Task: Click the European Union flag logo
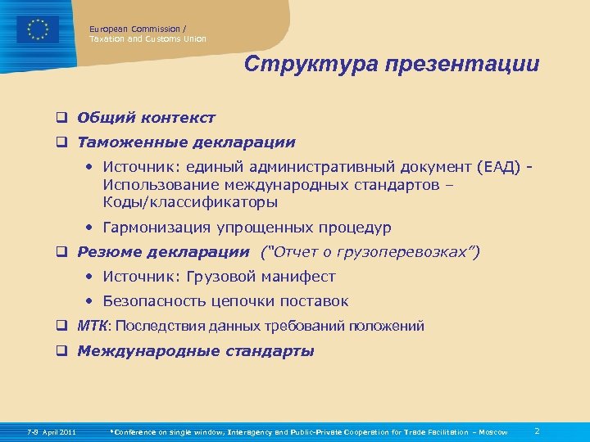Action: click(x=38, y=30)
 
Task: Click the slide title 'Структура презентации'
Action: click(x=392, y=65)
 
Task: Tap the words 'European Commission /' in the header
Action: click(x=138, y=29)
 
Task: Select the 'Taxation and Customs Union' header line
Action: click(x=147, y=38)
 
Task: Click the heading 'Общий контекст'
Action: click(x=146, y=118)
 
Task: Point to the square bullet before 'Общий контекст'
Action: click(x=61, y=118)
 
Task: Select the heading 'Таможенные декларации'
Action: click(x=186, y=142)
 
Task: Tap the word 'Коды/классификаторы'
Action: click(x=190, y=201)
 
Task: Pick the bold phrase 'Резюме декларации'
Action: click(x=163, y=251)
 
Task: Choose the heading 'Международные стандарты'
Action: click(x=195, y=352)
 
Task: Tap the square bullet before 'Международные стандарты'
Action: click(x=61, y=352)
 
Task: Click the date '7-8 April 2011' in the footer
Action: click(x=51, y=432)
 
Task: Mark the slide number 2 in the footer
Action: click(x=537, y=431)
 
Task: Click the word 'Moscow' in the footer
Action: click(x=493, y=432)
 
